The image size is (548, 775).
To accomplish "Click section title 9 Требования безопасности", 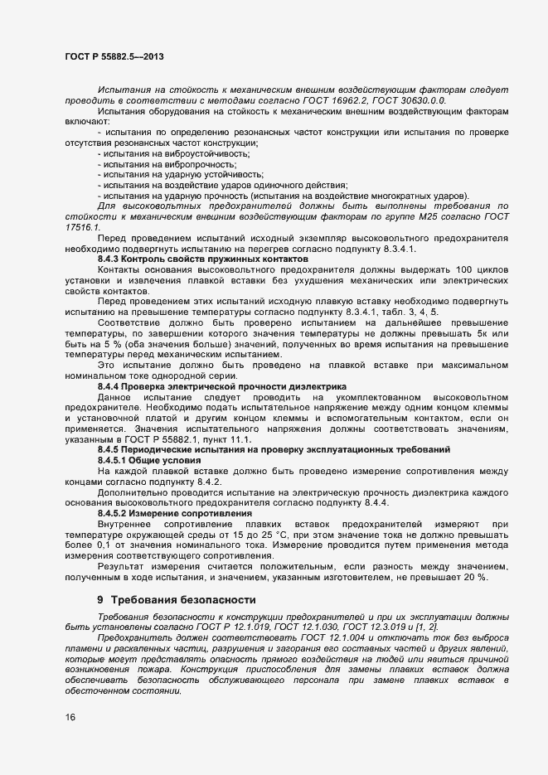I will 171,575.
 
